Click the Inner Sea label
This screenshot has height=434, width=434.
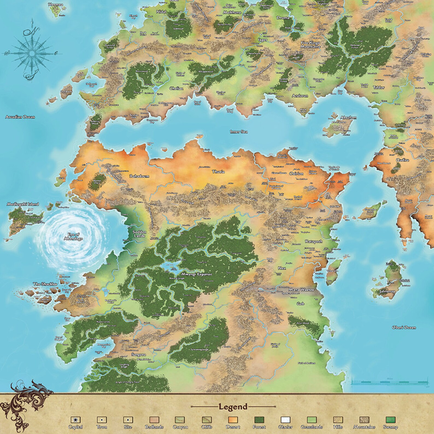click(x=239, y=132)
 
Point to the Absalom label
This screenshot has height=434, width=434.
click(x=348, y=118)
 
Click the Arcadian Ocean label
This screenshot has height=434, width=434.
click(x=20, y=117)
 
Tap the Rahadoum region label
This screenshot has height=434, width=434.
click(x=139, y=176)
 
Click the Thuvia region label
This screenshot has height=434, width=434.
click(x=218, y=172)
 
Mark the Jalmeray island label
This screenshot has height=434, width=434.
click(x=387, y=292)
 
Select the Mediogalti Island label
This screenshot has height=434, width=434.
click(x=23, y=204)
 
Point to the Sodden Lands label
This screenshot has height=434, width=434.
click(x=139, y=234)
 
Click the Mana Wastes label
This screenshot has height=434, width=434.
click(x=301, y=289)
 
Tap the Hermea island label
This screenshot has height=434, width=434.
click(x=55, y=5)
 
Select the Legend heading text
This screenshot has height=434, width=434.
click(x=233, y=406)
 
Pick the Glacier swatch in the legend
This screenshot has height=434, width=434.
click(x=286, y=420)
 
